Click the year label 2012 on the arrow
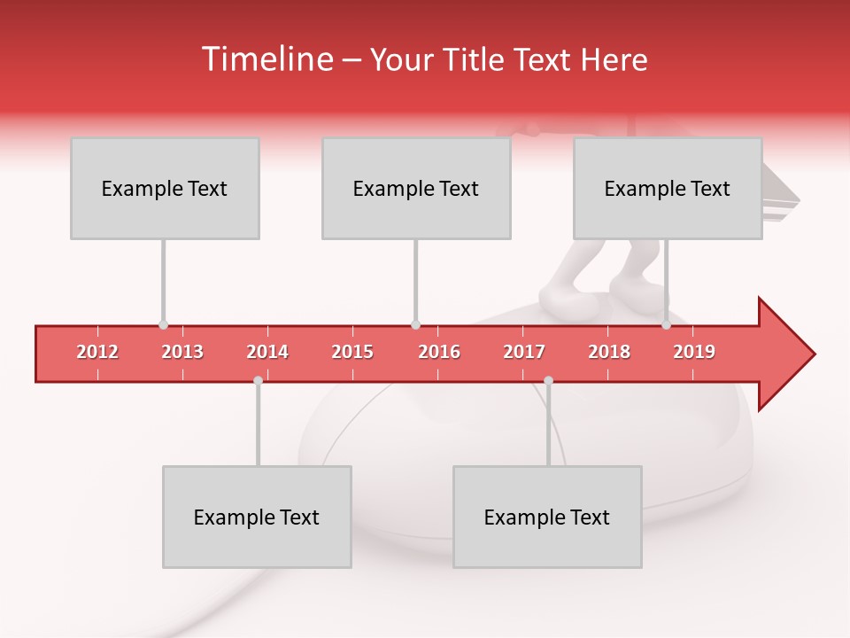tap(97, 352)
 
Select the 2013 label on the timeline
tap(182, 352)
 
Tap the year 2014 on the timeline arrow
tap(267, 352)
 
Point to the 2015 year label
tap(352, 352)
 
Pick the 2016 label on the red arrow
tap(439, 352)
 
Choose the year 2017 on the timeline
tap(524, 352)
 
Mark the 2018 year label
tap(609, 352)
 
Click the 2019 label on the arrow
tap(694, 352)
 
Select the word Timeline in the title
tap(266, 59)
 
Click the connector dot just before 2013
tap(163, 325)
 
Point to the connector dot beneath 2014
tap(258, 380)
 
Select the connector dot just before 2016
tap(415, 325)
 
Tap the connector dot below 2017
tap(548, 380)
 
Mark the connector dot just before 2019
tap(666, 325)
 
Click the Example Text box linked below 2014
tap(257, 517)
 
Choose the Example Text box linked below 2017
tap(547, 517)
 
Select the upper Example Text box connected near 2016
tap(416, 188)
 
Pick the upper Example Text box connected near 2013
tap(165, 188)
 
